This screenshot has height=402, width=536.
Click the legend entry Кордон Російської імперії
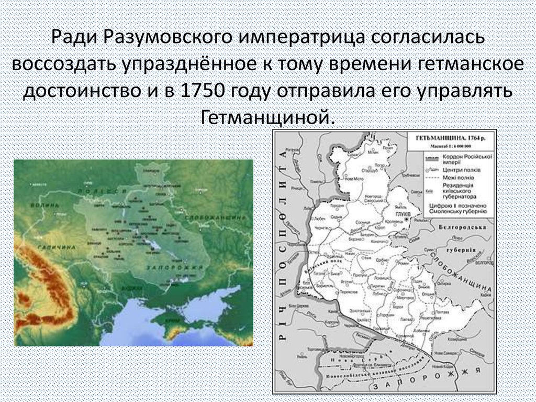point(465,159)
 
